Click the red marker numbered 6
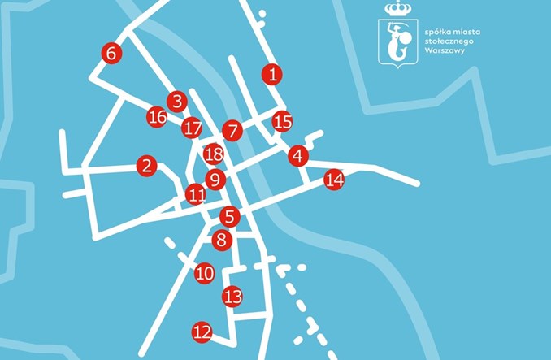coord(112,53)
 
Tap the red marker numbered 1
coord(272,74)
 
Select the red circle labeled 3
coord(177,102)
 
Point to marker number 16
coord(158,117)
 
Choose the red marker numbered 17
coord(192,128)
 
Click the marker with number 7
coord(233,130)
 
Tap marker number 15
coord(282,122)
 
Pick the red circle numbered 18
coord(214,153)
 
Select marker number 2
coord(146,166)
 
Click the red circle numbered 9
coord(215,180)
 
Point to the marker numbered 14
coord(334,180)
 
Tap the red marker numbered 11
coord(196,194)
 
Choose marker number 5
coord(231,216)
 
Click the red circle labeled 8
coord(222,240)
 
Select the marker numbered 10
coord(205,273)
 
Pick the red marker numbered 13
coord(233,297)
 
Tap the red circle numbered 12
coord(202,332)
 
